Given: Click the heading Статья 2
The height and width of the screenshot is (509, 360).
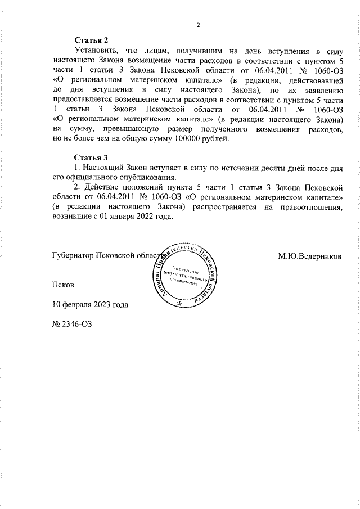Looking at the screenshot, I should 91,40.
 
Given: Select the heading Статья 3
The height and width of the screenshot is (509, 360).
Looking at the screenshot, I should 91,157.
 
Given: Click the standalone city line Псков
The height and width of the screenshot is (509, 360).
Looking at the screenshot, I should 63,285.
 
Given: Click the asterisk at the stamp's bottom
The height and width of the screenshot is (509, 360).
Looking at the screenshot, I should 179,304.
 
